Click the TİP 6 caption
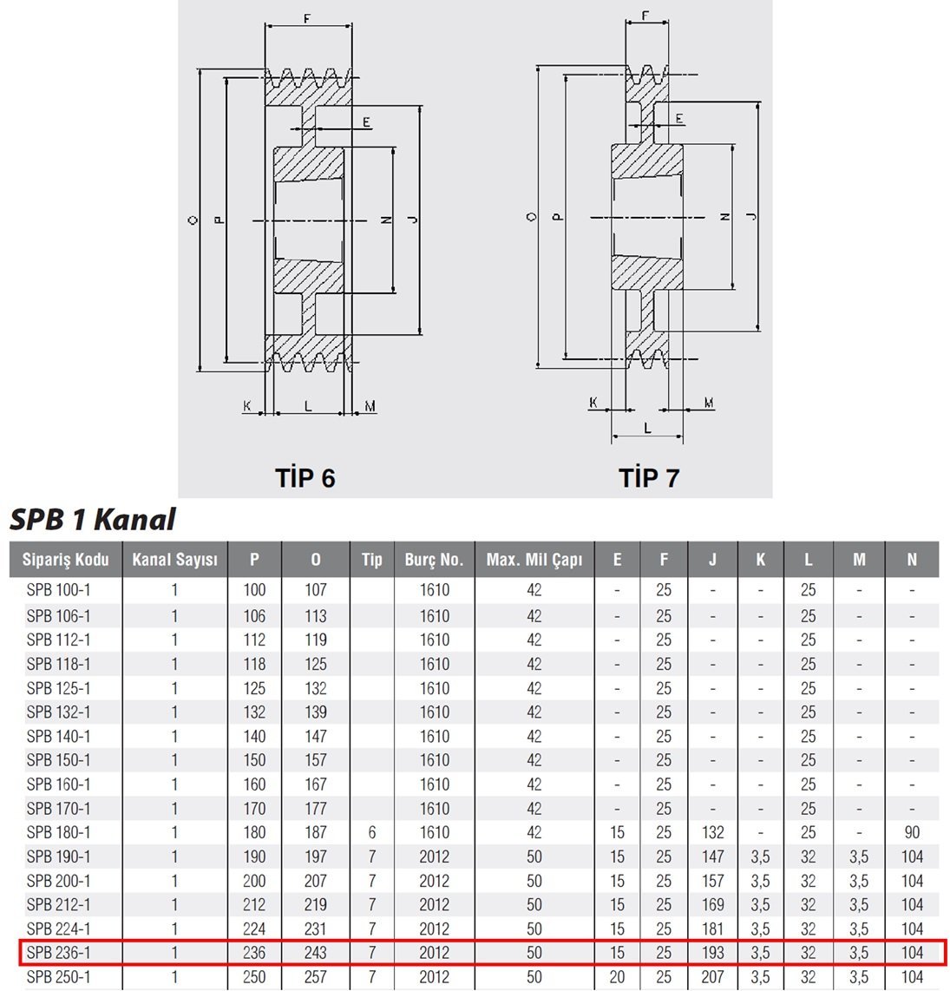pyautogui.click(x=305, y=478)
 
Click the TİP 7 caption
pyautogui.click(x=648, y=478)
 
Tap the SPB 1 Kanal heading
pyautogui.click(x=92, y=520)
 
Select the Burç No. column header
pyautogui.click(x=435, y=560)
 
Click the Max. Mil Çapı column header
pyautogui.click(x=534, y=560)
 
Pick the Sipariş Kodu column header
pyautogui.click(x=66, y=560)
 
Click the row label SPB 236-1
pyautogui.click(x=58, y=953)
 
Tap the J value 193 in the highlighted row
pyautogui.click(x=712, y=953)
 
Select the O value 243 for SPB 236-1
pyautogui.click(x=316, y=953)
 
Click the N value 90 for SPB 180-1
pyautogui.click(x=912, y=832)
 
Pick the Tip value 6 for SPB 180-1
pyautogui.click(x=371, y=832)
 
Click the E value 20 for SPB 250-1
pyautogui.click(x=617, y=976)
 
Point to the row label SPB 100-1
pyautogui.click(x=58, y=590)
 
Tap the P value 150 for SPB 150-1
pyautogui.click(x=254, y=759)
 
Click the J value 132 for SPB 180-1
pyautogui.click(x=712, y=832)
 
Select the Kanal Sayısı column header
pyautogui.click(x=174, y=560)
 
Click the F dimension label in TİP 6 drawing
pyautogui.click(x=307, y=19)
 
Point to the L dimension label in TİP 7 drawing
pyautogui.click(x=647, y=429)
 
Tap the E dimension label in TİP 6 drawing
pyautogui.click(x=367, y=122)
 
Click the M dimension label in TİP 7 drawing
pyautogui.click(x=709, y=403)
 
